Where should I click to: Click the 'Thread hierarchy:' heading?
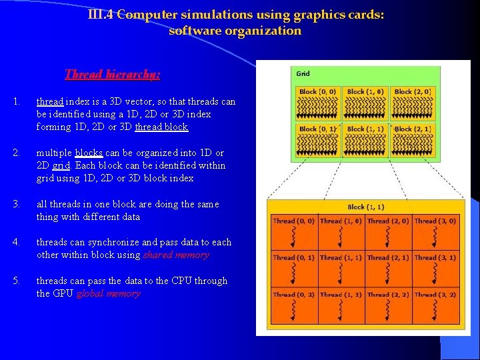(112, 75)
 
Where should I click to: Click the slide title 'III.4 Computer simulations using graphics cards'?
(235, 15)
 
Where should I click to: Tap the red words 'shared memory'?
(176, 255)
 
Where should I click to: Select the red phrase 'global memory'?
(108, 293)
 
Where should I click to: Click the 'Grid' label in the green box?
(303, 74)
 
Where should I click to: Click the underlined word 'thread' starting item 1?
(49, 101)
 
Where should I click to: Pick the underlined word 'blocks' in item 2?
(89, 153)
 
